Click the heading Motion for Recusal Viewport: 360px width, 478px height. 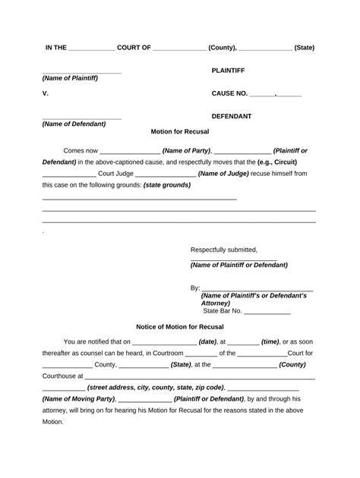(180, 131)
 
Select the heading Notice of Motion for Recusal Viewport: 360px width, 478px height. (180, 326)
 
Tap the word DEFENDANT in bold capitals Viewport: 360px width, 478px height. (232, 116)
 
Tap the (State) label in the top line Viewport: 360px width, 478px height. (304, 47)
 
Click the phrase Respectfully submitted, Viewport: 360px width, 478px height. (224, 250)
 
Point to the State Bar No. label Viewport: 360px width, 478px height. (223, 310)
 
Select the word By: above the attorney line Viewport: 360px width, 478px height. (195, 288)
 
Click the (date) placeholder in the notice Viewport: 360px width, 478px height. (208, 341)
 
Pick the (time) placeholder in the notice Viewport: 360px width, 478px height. (270, 341)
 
